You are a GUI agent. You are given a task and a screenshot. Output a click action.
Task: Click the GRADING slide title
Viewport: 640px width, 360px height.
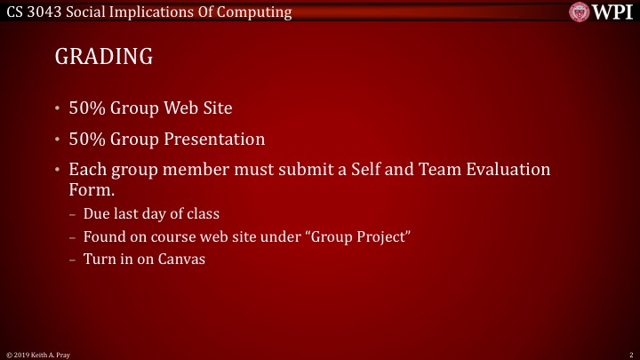104,57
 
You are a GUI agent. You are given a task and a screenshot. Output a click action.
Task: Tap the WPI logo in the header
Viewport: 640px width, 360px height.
601,12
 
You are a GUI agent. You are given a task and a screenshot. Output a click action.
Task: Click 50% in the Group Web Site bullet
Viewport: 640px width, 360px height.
86,109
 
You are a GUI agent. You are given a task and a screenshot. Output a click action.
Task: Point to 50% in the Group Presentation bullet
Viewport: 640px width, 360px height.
86,140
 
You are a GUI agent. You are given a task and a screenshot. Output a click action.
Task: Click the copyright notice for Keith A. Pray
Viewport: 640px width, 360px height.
38,354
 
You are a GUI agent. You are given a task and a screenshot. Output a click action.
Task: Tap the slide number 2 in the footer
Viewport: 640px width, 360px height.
629,354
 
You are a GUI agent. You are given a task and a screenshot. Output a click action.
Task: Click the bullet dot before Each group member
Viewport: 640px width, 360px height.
58,170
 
